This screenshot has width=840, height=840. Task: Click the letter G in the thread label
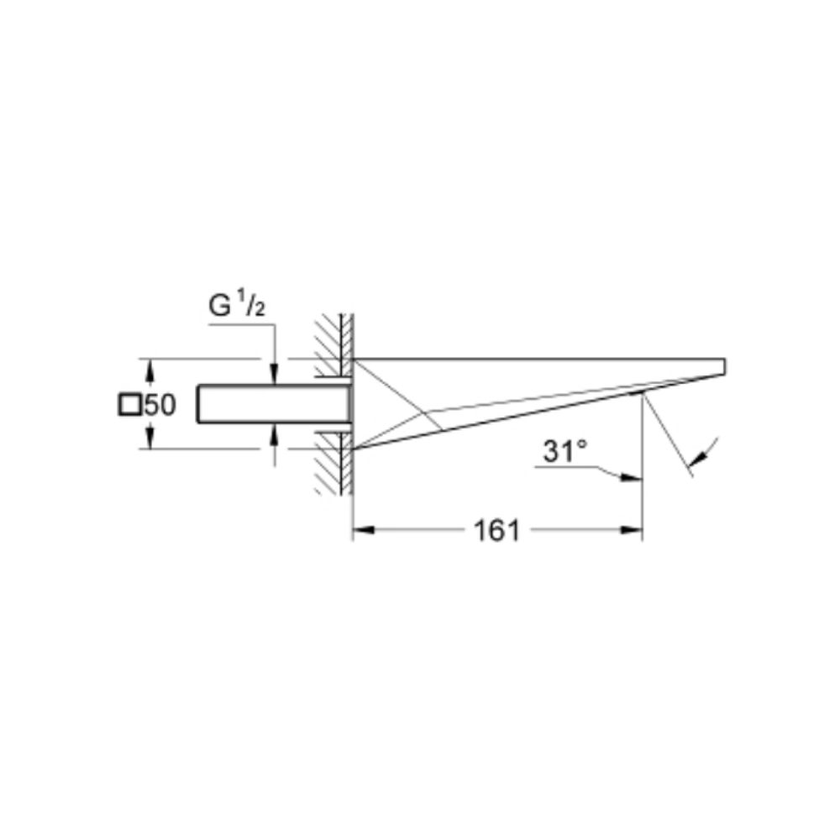pos(219,306)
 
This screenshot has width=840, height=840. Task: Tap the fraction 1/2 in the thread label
pos(250,302)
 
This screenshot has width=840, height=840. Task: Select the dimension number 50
pos(160,405)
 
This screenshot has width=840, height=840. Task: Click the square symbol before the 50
pos(129,405)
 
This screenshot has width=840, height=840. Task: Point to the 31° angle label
pos(565,451)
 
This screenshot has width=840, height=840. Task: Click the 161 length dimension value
pos(497,531)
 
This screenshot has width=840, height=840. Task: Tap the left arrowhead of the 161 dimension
pos(363,530)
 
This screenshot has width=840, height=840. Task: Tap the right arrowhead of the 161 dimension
pos(631,530)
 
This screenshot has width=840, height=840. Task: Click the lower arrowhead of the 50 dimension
pos(150,438)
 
